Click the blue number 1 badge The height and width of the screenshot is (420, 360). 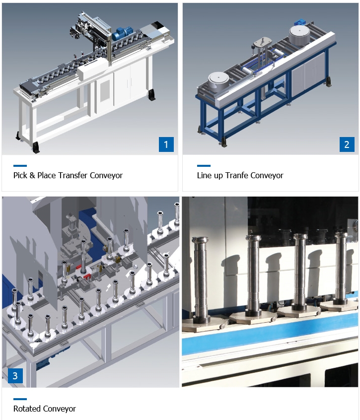(166, 144)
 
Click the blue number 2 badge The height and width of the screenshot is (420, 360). (347, 144)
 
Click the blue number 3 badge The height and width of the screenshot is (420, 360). (15, 376)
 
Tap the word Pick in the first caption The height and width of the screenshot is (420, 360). (20, 175)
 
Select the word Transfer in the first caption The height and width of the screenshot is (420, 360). (72, 175)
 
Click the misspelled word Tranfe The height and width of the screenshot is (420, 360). (236, 175)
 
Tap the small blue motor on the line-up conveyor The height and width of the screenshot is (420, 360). (300, 22)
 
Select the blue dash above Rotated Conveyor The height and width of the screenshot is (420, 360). (20, 399)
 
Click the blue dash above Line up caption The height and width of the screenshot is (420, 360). (204, 166)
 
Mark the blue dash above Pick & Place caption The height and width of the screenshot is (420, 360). (20, 166)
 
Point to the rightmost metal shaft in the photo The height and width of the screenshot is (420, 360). (341, 268)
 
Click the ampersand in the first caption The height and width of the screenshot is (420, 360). (32, 175)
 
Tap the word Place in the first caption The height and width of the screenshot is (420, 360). (47, 175)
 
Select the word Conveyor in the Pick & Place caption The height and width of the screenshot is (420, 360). (106, 175)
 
